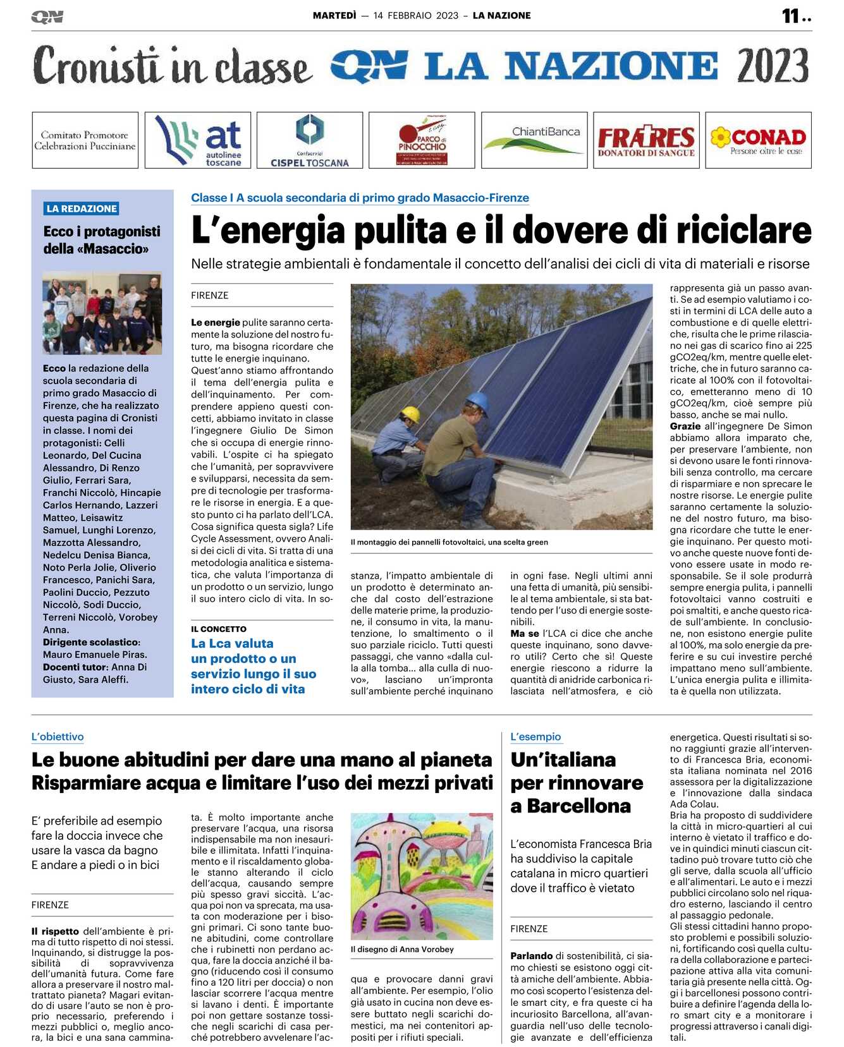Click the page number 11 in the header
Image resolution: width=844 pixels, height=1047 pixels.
click(x=791, y=16)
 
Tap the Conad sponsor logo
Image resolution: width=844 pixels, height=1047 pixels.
click(x=758, y=140)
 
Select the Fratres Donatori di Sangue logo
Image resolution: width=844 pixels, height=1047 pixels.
click(x=645, y=140)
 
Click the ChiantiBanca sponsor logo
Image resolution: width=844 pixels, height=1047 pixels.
click(x=534, y=140)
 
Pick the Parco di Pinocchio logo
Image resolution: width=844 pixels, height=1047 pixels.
click(x=422, y=140)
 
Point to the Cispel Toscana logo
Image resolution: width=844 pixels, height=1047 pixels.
click(x=309, y=140)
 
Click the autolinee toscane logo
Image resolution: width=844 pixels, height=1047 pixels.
click(x=197, y=140)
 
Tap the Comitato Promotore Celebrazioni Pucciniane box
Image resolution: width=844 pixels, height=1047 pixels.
click(x=85, y=140)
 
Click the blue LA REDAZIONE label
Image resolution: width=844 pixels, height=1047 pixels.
click(x=82, y=209)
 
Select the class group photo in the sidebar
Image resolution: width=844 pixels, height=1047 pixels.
click(x=102, y=313)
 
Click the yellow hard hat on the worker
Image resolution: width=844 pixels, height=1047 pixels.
click(x=410, y=414)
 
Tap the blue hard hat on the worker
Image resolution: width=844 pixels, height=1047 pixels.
click(x=477, y=400)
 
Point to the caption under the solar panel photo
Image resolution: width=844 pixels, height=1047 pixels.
click(x=449, y=542)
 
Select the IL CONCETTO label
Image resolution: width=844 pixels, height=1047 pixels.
click(x=219, y=629)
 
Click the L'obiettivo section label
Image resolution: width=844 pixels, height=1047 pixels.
click(x=58, y=737)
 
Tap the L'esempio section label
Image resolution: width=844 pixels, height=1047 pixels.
click(x=535, y=737)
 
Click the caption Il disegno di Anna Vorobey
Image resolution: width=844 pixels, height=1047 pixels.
click(x=402, y=949)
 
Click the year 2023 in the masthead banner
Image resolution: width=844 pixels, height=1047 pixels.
click(x=773, y=66)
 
